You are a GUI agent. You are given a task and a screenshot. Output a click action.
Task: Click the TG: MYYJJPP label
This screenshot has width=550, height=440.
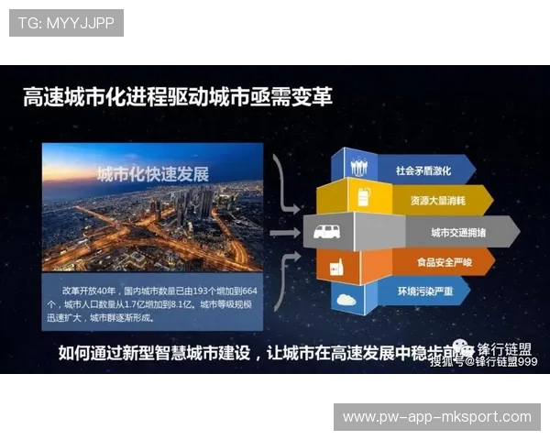[65, 22]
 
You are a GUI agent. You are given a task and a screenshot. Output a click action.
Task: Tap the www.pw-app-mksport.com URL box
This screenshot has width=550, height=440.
[436, 417]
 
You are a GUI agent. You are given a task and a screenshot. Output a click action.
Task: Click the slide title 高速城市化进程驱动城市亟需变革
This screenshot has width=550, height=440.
[178, 96]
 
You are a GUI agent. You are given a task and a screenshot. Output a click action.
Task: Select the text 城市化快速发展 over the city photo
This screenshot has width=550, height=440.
[154, 174]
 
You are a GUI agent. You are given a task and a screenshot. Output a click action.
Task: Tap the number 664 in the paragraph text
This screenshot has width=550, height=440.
[249, 290]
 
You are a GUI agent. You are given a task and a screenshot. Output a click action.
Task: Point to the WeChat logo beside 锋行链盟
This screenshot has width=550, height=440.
[467, 349]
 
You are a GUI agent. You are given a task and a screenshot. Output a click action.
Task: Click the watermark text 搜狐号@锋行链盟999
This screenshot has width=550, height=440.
[483, 362]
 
